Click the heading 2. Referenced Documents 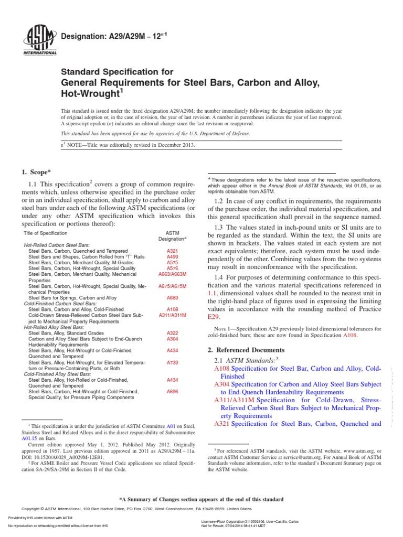[x=246, y=350]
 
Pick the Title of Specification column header [x=46, y=233]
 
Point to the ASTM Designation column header [x=172, y=235]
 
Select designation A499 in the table [x=172, y=257]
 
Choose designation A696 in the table [x=172, y=391]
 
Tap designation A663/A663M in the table [x=172, y=274]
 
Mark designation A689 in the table [x=172, y=297]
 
